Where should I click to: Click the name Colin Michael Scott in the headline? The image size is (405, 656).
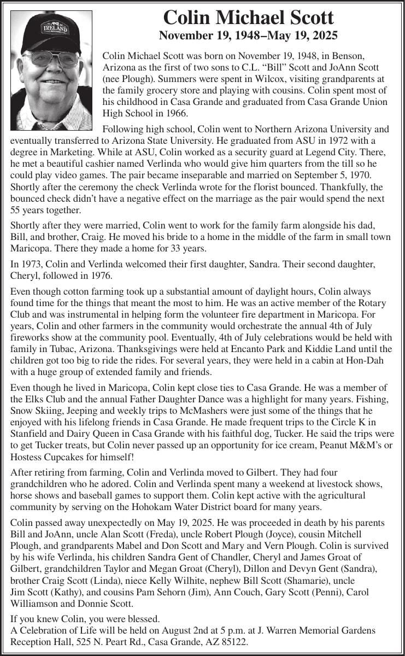pos(248,17)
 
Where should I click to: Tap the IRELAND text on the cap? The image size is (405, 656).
pos(56,27)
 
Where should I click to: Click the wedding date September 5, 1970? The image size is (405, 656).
pos(328,175)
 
